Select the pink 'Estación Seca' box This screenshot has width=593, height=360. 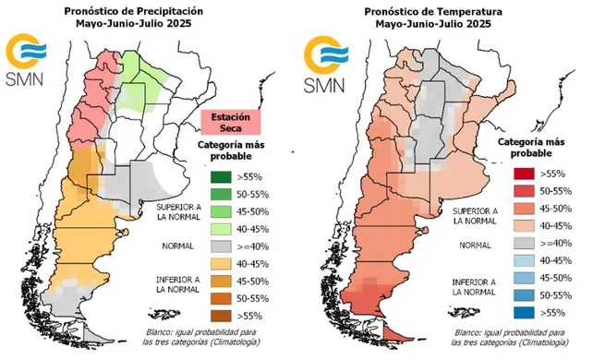coord(231,123)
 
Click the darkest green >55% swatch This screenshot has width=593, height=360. coord(221,177)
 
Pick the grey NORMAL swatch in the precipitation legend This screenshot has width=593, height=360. coord(221,246)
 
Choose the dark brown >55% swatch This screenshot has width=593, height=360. coord(221,316)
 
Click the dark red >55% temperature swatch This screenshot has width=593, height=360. coord(524,174)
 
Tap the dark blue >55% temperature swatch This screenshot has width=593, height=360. coord(524,312)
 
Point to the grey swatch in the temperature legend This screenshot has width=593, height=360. coord(524,243)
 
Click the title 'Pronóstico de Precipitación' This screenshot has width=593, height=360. coord(134,11)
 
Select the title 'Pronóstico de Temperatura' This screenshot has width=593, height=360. coord(433,12)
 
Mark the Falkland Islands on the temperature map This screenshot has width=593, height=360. coord(464,312)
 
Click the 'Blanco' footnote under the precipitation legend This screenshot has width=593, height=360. coord(201,337)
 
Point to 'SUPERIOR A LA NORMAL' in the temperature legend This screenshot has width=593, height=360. coord(475,216)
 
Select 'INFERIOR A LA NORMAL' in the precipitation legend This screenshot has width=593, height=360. coord(177,284)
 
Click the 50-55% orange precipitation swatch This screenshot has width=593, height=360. coord(221,298)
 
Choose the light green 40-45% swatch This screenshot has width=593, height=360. coord(221,229)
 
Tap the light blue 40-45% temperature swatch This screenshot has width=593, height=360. coord(524,260)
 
